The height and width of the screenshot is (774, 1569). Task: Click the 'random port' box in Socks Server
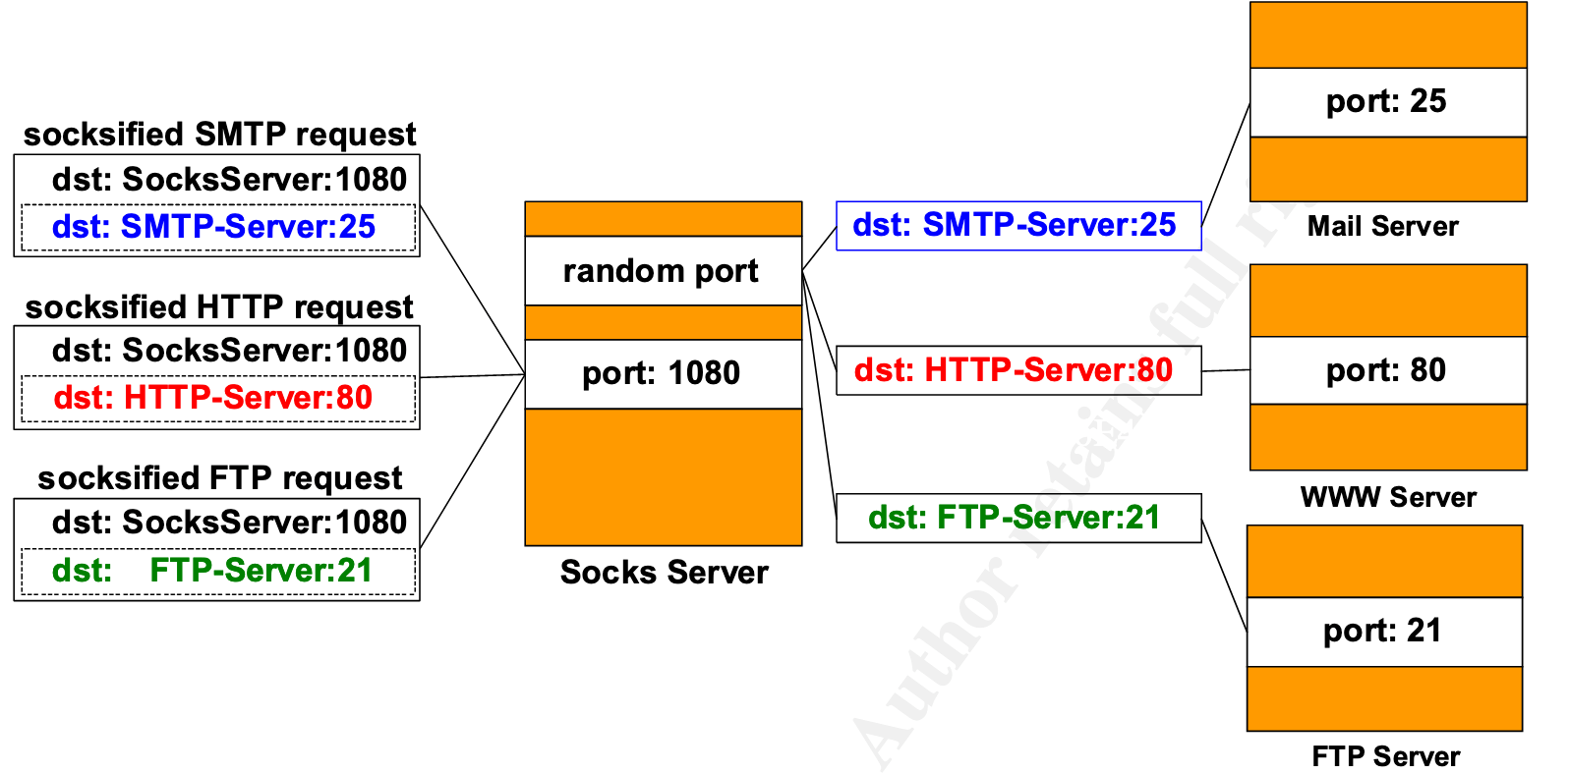[663, 271]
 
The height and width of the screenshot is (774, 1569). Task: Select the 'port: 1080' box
[663, 374]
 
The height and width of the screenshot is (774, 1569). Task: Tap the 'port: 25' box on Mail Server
[1387, 102]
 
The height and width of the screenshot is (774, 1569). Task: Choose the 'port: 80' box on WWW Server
[1387, 370]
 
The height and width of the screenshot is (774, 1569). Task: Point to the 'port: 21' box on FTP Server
[1383, 632]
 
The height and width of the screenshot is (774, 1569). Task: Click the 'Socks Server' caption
[664, 573]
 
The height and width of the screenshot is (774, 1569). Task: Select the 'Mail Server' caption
[1382, 227]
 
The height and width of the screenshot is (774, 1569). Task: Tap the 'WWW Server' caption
[1388, 497]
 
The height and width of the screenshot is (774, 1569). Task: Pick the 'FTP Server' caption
[1385, 756]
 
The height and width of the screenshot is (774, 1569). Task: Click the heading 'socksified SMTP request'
[219, 135]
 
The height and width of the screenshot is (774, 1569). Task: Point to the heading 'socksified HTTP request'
[219, 307]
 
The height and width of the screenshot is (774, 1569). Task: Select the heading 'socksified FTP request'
[219, 478]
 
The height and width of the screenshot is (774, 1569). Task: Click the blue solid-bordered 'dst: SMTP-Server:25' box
[1017, 226]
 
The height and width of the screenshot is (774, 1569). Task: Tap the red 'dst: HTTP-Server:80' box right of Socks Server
[1017, 370]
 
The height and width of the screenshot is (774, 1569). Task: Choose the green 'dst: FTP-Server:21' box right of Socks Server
[1017, 518]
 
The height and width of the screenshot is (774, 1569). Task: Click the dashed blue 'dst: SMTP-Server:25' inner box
[217, 228]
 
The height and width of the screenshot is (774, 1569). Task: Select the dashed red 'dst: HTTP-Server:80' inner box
[217, 399]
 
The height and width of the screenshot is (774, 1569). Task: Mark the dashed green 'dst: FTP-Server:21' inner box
[217, 572]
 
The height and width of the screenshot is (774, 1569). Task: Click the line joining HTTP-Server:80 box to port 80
[1225, 371]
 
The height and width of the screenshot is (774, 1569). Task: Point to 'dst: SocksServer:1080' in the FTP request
[229, 523]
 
